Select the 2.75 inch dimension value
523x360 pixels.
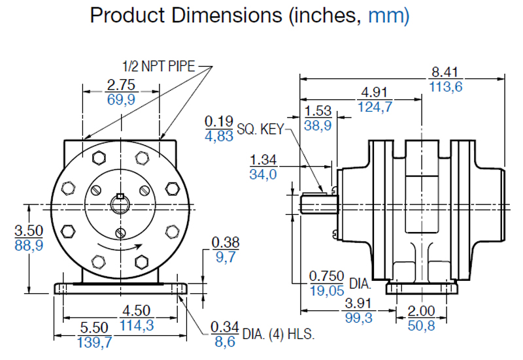pyautogui.click(x=120, y=84)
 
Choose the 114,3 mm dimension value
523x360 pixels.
pyautogui.click(x=138, y=324)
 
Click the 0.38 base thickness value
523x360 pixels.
pyautogui.click(x=225, y=243)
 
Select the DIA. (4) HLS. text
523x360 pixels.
pyautogui.click(x=278, y=335)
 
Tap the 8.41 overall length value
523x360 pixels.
pyautogui.click(x=446, y=72)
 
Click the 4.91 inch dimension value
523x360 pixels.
pyautogui.click(x=375, y=91)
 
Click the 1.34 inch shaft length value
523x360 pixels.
pyautogui.click(x=263, y=159)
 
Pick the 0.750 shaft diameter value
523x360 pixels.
pyautogui.click(x=326, y=276)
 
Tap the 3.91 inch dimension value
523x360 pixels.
pyautogui.click(x=357, y=304)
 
